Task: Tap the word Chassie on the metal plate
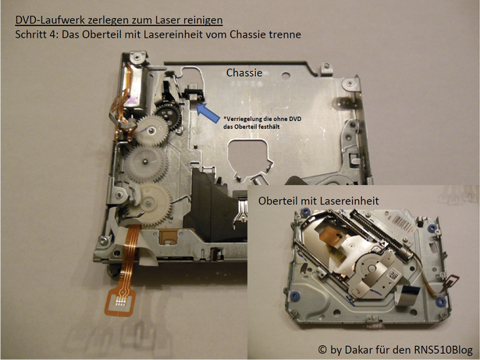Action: pyautogui.click(x=244, y=73)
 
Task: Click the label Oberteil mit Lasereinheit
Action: pyautogui.click(x=318, y=201)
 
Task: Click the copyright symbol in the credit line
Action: pyautogui.click(x=322, y=349)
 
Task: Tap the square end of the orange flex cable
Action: pyautogui.click(x=120, y=302)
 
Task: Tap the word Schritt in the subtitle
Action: pyautogui.click(x=30, y=34)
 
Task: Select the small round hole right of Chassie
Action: pyautogui.click(x=286, y=75)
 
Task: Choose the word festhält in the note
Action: pyautogui.click(x=269, y=126)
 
